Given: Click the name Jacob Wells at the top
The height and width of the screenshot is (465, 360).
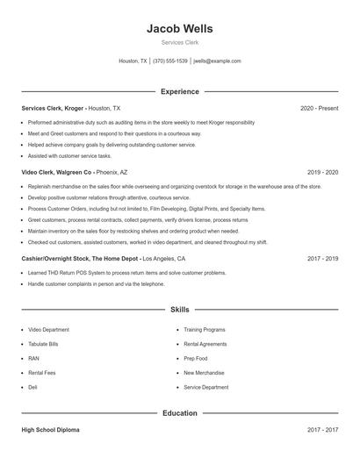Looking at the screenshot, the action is coord(179,29).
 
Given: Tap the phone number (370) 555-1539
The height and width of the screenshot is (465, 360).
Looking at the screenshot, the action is coord(170,61).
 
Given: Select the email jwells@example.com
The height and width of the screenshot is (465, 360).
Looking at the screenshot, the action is coord(217,61).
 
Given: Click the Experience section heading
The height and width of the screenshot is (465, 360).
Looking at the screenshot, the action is coord(179,91).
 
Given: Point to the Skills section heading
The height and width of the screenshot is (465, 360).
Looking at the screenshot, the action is coord(179,310).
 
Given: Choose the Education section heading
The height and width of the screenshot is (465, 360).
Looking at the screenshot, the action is coord(179,412).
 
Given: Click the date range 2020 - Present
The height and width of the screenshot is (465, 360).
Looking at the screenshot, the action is coord(319,108).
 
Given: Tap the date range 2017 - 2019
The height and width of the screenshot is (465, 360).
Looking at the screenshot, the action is coord(322,260).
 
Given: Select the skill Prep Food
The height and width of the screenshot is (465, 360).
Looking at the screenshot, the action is coord(196,358).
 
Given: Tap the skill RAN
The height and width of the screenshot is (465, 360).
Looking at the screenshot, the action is coord(33,358).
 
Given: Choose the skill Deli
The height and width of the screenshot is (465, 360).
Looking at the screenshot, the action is coord(33,387).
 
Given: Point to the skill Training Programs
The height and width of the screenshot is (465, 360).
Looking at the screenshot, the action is coord(205,330).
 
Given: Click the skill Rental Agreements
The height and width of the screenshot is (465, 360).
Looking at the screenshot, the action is coord(205,344).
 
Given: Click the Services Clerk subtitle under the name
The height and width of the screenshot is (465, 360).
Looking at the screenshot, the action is coord(179,42).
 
